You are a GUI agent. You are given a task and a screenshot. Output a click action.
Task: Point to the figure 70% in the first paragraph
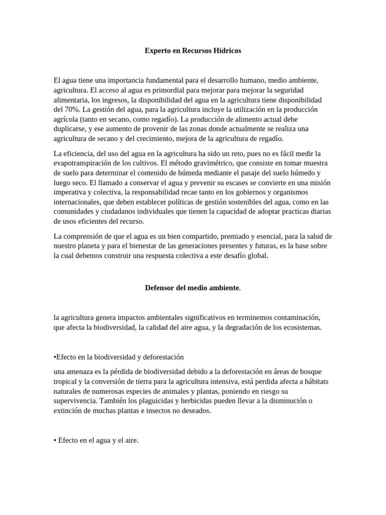[x=71, y=109]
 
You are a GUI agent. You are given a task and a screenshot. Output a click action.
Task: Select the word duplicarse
[x=70, y=129]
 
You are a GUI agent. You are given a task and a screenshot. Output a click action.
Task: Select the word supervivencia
[x=75, y=401]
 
